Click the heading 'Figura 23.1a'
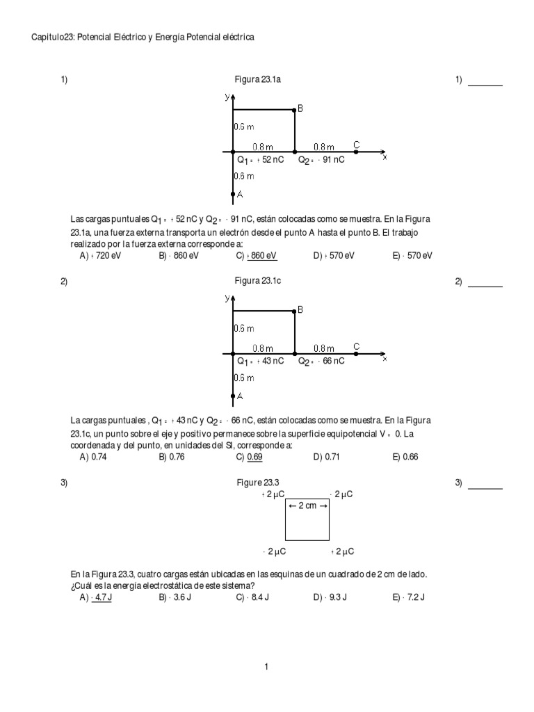coord(261,80)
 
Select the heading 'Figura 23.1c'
coord(261,282)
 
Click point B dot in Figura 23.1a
coord(295,110)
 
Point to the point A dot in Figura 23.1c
coord(233,396)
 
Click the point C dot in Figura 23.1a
coord(356,151)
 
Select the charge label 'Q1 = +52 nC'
coord(260,160)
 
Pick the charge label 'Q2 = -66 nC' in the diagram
coord(321,362)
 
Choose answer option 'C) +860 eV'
coord(257,256)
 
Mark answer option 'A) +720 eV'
coord(99,256)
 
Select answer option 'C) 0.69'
coord(250,457)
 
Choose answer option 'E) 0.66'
coord(406,457)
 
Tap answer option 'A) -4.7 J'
coord(96,597)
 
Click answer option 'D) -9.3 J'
coord(330,597)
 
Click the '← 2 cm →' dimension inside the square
coord(307,505)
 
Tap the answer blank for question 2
coord(485,286)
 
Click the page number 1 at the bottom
coord(266,667)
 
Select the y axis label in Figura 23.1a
coord(227,97)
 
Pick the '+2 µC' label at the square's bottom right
coord(342,551)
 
